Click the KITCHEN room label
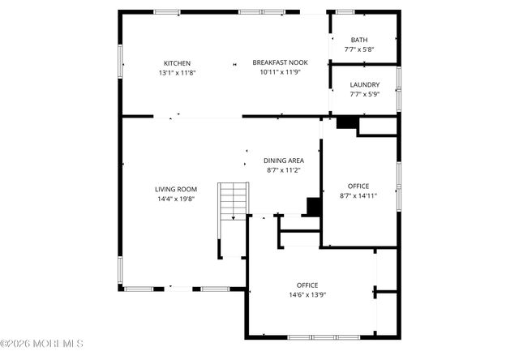[x=178, y=63]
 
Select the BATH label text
[x=358, y=41]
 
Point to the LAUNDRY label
[x=364, y=85]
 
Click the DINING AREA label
[x=284, y=161]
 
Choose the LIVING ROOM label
[x=177, y=189]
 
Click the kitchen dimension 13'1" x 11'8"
[x=178, y=73]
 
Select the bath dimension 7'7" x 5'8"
[x=358, y=49]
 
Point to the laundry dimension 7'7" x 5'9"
[x=364, y=94]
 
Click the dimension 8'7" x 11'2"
[x=284, y=170]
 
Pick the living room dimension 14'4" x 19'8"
[x=177, y=199]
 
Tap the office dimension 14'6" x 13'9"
[x=307, y=295]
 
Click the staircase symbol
[x=234, y=201]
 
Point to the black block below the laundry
[x=347, y=122]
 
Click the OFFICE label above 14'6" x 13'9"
[x=307, y=285]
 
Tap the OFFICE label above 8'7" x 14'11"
[x=358, y=186]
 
